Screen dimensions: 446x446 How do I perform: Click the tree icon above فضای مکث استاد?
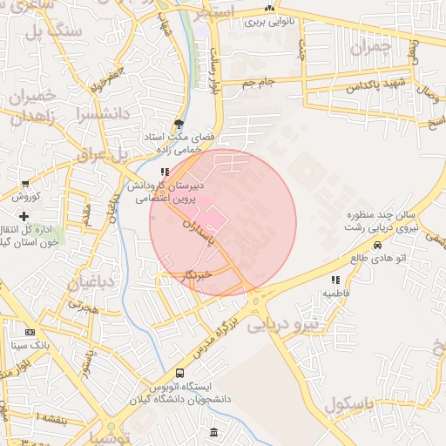click(179, 125)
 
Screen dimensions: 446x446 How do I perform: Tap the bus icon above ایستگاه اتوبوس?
click(180, 373)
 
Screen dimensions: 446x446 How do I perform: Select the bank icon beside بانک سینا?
click(30, 333)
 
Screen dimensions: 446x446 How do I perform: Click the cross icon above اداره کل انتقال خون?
click(24, 215)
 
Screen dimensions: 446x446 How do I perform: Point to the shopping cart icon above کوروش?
click(25, 184)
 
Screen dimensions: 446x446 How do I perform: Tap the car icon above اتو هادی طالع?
click(376, 245)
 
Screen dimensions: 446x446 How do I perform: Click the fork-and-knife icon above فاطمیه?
click(335, 280)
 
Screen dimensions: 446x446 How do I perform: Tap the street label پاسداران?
click(198, 236)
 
